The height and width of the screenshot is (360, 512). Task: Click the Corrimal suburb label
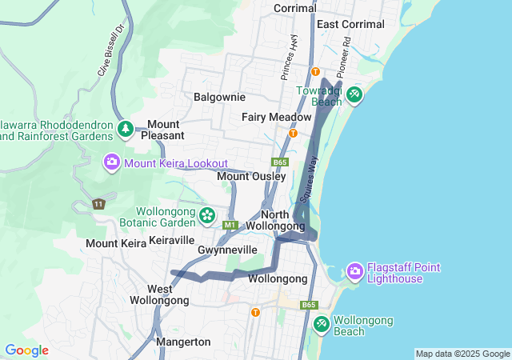point(296,7)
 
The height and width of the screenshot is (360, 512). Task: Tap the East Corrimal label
point(350,24)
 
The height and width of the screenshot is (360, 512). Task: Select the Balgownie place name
point(219,97)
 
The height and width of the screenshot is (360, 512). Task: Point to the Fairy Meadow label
point(276,117)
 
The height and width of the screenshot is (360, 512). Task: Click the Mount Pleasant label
point(162,130)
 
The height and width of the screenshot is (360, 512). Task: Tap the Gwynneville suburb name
point(227,250)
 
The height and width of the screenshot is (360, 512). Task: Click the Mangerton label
point(183,342)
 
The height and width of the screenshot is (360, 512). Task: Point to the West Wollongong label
point(160,294)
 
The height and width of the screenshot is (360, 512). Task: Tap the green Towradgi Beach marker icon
point(354,95)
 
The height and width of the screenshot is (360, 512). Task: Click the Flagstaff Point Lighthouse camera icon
point(354,272)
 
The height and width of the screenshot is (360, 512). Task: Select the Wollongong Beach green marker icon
point(321,324)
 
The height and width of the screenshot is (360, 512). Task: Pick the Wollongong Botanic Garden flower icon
point(207,215)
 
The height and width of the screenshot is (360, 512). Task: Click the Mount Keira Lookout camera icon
point(112,162)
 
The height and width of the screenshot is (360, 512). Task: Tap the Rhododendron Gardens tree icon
point(124,129)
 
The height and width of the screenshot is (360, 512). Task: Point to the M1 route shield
point(230,226)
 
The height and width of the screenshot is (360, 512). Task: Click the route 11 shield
point(98,204)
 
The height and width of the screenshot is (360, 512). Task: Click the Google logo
point(26,350)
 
